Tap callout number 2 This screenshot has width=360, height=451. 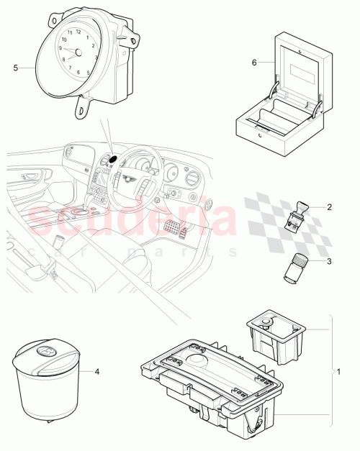pyautogui.click(x=329, y=207)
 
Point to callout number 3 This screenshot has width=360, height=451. pyautogui.click(x=329, y=261)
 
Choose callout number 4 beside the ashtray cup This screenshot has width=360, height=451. pyautogui.click(x=99, y=371)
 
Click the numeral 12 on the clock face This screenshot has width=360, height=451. pyautogui.click(x=78, y=32)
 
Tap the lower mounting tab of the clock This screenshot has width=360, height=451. pyautogui.click(x=84, y=106)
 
